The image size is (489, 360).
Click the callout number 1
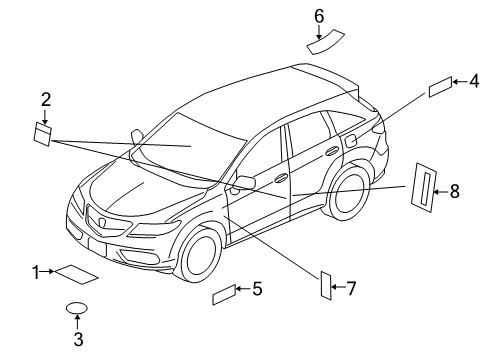coord(35,271)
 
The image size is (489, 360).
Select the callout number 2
coord(45,98)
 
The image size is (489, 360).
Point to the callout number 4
coord(474,82)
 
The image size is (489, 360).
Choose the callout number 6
coord(319,15)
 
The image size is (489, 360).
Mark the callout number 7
coord(350,289)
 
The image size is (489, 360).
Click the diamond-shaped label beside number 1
coord(76,273)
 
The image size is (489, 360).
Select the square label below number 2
coord(44,132)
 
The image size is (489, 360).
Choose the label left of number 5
coord(224,294)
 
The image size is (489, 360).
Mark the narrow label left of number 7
coord(326,285)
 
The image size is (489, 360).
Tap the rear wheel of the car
coord(349,193)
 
